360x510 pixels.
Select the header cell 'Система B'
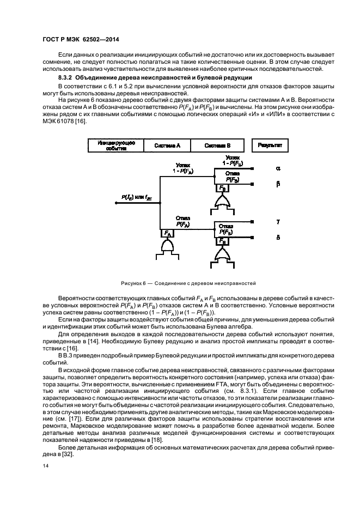point(218,145)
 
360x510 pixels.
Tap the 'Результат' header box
point(270,145)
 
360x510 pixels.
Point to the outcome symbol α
point(278,169)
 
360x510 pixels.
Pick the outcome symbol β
point(278,184)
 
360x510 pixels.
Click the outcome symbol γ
point(278,222)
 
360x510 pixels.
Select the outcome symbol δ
point(278,238)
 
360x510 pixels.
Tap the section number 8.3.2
point(53,79)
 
